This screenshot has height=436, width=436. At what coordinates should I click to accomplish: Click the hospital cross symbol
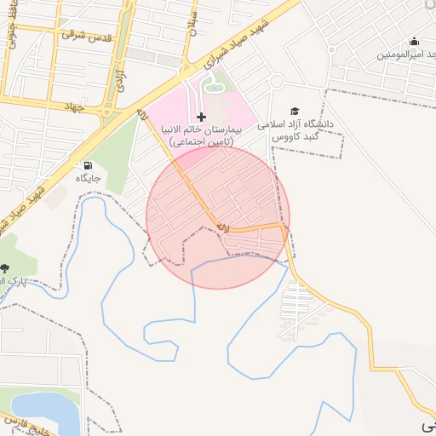(x=201, y=116)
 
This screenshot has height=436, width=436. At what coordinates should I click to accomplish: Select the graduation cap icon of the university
(x=295, y=111)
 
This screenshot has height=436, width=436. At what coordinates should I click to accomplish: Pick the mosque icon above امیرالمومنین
(x=415, y=41)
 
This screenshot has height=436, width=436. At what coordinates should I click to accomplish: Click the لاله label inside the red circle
(x=223, y=227)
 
